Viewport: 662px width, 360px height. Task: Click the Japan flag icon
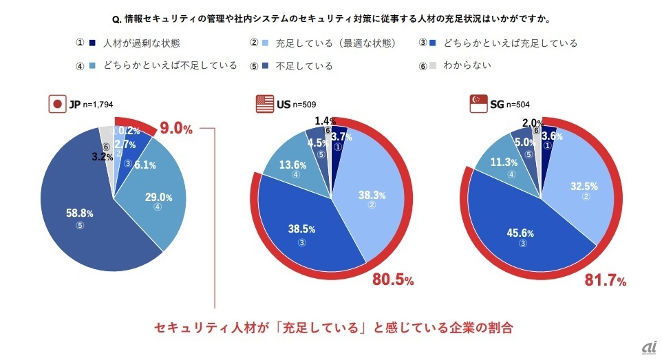pyautogui.click(x=56, y=105)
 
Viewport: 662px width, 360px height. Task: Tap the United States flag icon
pyautogui.click(x=264, y=105)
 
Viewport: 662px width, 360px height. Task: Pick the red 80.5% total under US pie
pyautogui.click(x=392, y=280)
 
